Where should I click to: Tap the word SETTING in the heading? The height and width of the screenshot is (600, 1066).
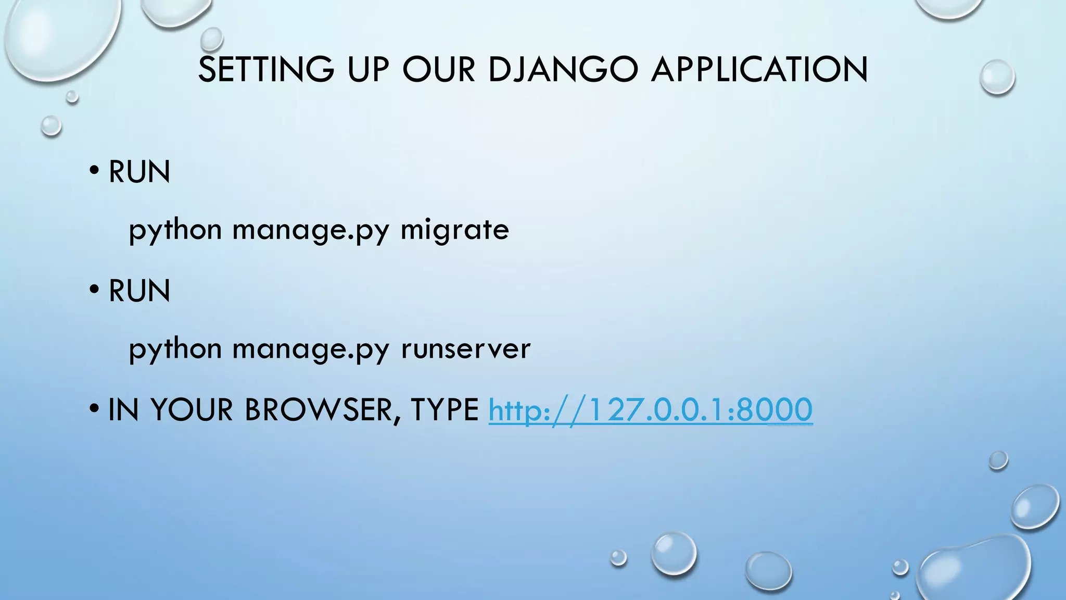point(266,69)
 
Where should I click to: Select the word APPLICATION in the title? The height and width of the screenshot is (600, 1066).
point(759,69)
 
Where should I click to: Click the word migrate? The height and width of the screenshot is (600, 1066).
point(454,230)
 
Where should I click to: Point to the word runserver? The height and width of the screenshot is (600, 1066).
point(465,348)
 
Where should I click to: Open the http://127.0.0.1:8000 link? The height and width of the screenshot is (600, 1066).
point(650,409)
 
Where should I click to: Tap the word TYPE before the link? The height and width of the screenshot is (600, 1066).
point(445,409)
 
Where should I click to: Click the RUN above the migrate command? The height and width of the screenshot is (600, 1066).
point(139,172)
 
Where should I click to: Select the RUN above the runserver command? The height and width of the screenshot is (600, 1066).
point(139,291)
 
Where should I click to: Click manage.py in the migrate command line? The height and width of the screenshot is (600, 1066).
point(311,230)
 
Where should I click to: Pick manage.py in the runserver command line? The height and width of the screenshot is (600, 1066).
point(311,349)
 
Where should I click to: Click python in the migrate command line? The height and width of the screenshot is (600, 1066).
point(175,230)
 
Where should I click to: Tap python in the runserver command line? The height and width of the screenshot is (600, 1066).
point(175,349)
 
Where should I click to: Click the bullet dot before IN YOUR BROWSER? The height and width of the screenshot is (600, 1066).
point(94,408)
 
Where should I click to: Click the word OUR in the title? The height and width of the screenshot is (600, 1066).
point(439,69)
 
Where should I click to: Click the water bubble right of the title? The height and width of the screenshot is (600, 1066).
point(997,77)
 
